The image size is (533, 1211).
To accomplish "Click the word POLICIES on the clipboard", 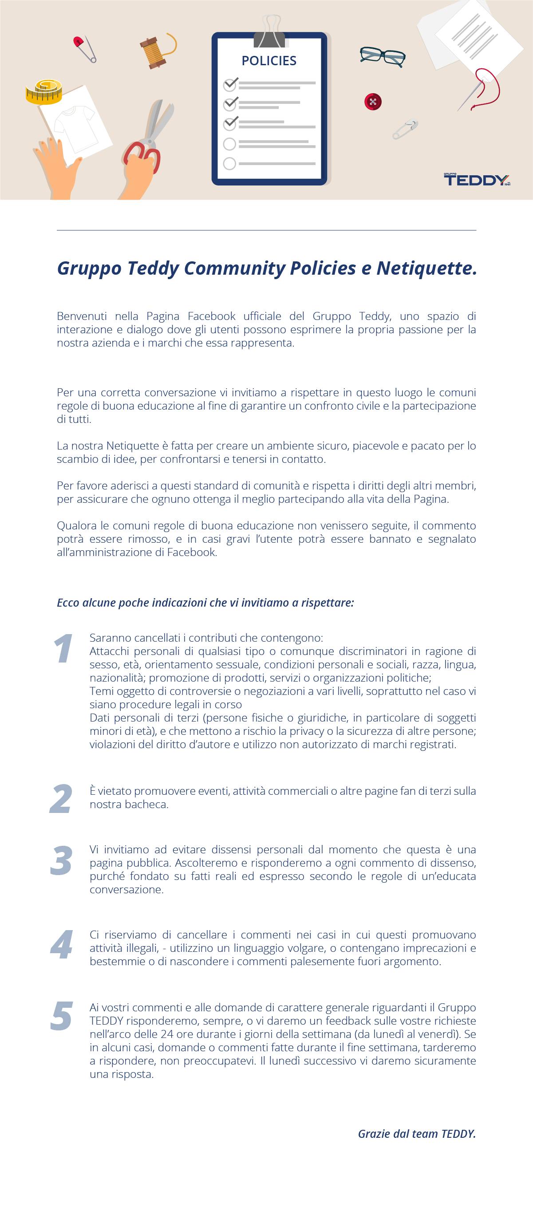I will click(x=269, y=61).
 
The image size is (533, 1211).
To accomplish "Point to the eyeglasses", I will click(x=383, y=56).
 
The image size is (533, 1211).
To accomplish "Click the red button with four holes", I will click(x=373, y=102).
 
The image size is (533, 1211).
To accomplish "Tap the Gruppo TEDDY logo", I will click(x=477, y=180).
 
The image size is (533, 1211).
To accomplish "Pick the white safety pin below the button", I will click(x=405, y=129).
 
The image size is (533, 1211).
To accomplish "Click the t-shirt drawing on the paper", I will click(x=75, y=125).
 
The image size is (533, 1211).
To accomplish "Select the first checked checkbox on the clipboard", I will click(x=230, y=85).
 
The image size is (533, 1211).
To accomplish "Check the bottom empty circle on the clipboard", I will click(x=229, y=164).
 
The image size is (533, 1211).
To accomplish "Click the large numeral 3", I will click(x=61, y=861).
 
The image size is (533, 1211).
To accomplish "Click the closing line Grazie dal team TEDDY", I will click(x=417, y=1133).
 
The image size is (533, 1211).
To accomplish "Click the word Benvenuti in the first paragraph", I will click(x=82, y=316).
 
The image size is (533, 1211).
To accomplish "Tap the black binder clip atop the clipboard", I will click(x=269, y=34).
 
